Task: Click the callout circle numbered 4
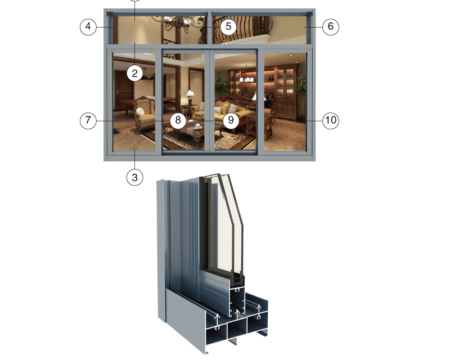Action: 88,26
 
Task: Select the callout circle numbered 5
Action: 228,26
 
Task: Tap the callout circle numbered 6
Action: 331,26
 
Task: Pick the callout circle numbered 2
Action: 134,74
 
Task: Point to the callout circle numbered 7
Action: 88,120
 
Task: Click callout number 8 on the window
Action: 178,120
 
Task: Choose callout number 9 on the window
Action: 231,120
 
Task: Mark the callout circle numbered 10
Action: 331,120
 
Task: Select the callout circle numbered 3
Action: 134,177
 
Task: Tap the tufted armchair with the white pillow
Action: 145,114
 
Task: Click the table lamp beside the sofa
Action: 190,98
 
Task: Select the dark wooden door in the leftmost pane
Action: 124,90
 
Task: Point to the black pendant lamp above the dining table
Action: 145,76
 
